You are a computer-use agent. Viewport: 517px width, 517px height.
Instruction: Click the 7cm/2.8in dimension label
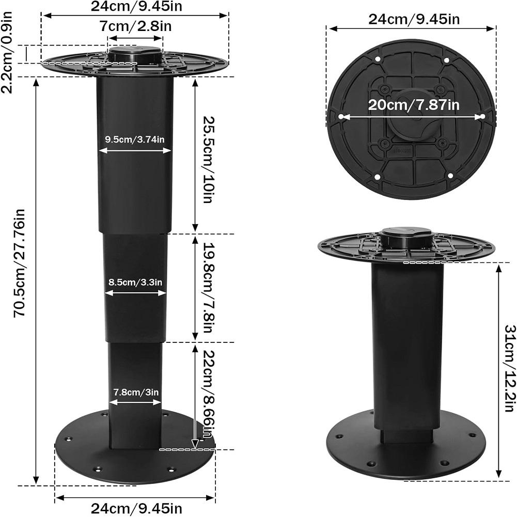[135, 26]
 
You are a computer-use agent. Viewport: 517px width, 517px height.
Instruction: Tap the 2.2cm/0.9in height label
[7, 54]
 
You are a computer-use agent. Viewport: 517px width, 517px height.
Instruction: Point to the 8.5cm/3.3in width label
[135, 283]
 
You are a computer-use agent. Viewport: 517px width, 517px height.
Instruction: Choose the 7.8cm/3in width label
[135, 391]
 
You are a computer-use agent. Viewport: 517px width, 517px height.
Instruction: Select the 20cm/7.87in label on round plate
[413, 105]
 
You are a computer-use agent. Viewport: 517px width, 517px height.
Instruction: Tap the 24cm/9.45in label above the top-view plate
[414, 20]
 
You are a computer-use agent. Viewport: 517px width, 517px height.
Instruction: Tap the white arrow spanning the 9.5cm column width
[135, 150]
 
